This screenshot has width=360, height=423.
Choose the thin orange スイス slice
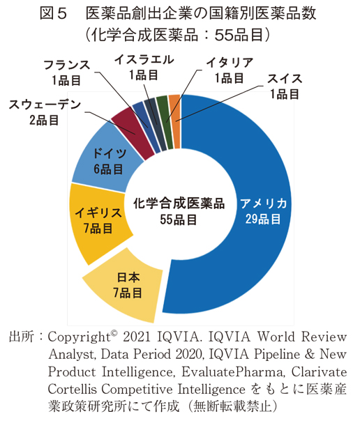[174, 101]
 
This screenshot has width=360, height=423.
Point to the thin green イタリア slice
[163, 102]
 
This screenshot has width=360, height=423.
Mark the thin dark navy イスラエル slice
[151, 105]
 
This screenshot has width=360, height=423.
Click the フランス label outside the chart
[66, 65]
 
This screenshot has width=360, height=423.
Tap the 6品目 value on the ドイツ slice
[109, 169]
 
